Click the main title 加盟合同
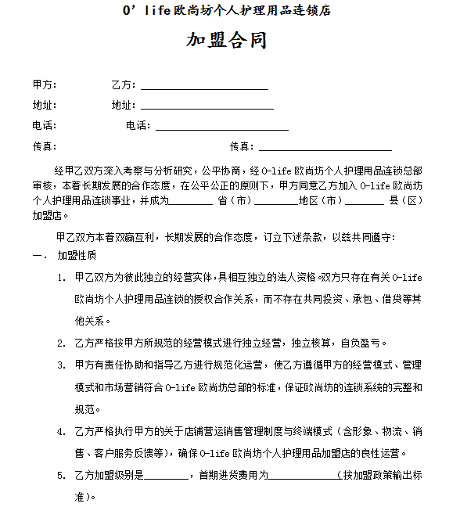(x=227, y=41)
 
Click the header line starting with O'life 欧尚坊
(x=227, y=11)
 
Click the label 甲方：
(x=45, y=84)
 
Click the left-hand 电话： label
(x=45, y=125)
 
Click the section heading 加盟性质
(x=77, y=256)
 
